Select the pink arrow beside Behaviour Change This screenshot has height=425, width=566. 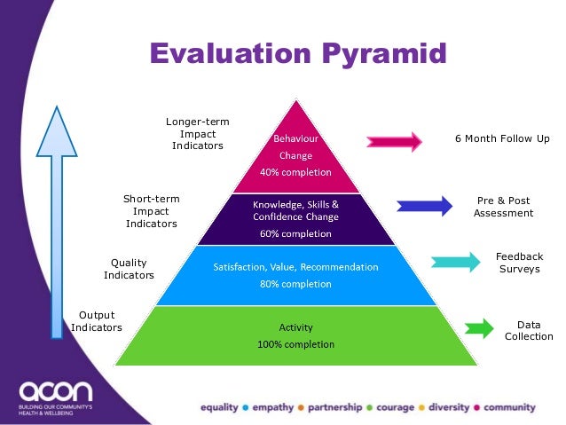[395, 141]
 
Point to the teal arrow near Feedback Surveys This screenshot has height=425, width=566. [454, 262]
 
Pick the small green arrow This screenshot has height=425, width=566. [479, 328]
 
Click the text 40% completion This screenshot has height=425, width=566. [295, 172]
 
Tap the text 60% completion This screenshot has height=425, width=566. [295, 234]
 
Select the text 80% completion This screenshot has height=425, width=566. [295, 285]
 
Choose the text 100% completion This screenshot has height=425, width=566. [295, 343]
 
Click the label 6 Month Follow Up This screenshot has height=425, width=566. [502, 138]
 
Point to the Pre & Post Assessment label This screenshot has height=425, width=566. [503, 207]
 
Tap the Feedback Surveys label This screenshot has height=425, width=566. [519, 263]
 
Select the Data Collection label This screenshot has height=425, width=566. [529, 330]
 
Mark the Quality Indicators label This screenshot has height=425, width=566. [129, 269]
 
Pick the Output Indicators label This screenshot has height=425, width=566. [97, 321]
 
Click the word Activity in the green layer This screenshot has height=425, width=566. [295, 327]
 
